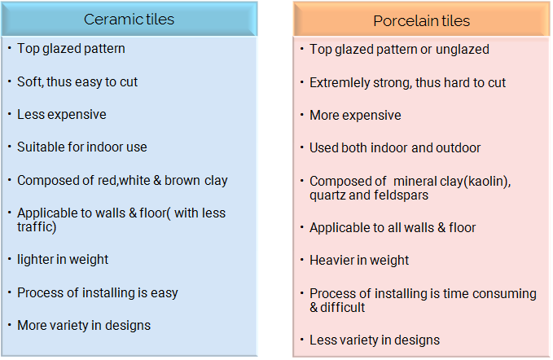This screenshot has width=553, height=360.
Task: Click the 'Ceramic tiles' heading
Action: click(129, 19)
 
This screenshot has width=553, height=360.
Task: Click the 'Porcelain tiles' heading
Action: click(421, 21)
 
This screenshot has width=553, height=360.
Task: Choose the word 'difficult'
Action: click(342, 307)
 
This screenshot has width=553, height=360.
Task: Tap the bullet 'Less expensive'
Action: click(62, 115)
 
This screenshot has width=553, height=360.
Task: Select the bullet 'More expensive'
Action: click(355, 116)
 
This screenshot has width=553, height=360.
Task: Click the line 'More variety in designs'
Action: click(84, 326)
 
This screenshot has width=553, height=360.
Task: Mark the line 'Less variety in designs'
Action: click(375, 340)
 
